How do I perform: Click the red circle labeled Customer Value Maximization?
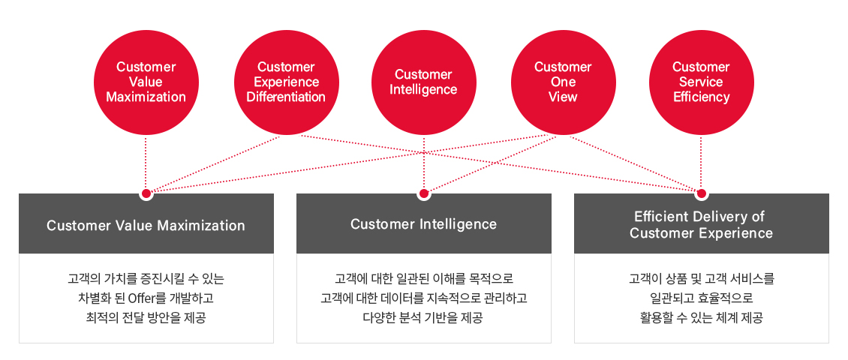click(x=146, y=82)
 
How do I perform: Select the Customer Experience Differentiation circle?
click(x=286, y=82)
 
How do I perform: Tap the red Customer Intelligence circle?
click(x=424, y=82)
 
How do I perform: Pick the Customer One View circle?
click(x=563, y=82)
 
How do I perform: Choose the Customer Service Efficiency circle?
click(x=701, y=82)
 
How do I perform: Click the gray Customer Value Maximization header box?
click(x=146, y=223)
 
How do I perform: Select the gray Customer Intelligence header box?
click(x=424, y=223)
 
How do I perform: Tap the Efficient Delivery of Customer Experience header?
click(x=702, y=223)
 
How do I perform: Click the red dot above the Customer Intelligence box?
click(x=424, y=193)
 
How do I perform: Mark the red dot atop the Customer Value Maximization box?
click(x=146, y=193)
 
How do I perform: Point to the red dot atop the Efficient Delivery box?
click(x=702, y=193)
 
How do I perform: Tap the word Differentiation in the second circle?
click(x=286, y=97)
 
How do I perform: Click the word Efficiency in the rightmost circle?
click(x=701, y=97)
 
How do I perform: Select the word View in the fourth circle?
click(x=563, y=97)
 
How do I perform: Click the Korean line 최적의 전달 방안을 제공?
click(x=146, y=317)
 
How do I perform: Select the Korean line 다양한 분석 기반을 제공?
click(x=424, y=317)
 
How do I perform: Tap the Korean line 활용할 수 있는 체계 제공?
click(x=702, y=317)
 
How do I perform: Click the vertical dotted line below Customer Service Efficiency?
click(x=702, y=162)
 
